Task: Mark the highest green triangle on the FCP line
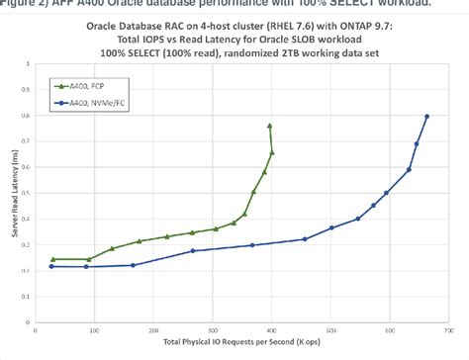click(x=270, y=126)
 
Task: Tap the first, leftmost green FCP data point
click(x=51, y=259)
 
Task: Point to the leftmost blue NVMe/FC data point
click(x=51, y=266)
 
